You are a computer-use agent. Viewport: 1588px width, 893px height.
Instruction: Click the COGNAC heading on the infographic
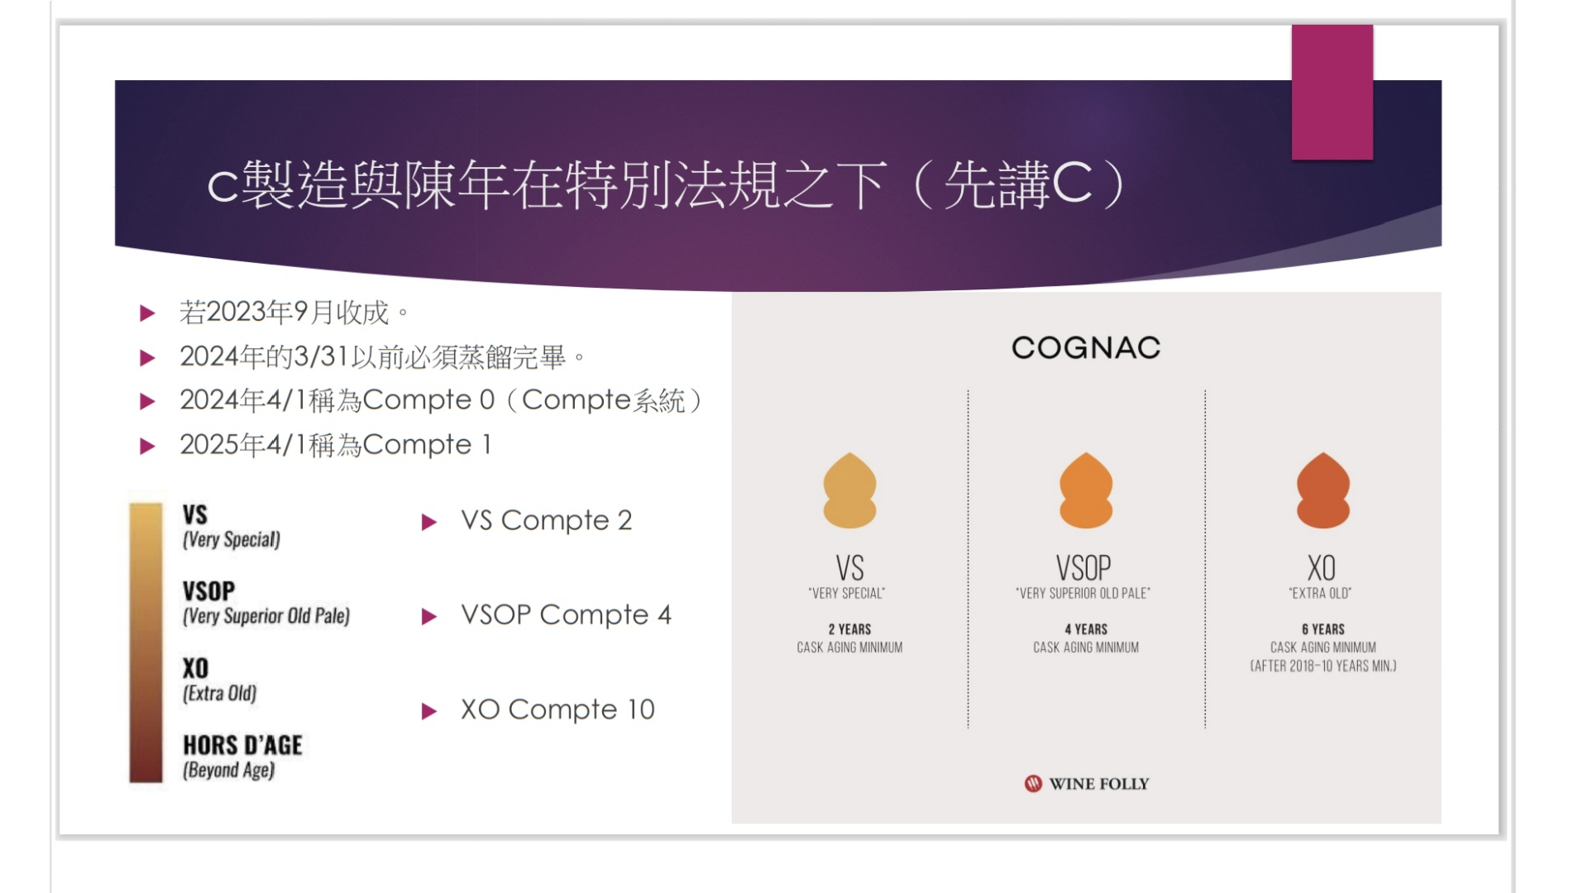click(x=1086, y=348)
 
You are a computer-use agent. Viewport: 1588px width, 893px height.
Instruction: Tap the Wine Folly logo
click(x=1087, y=784)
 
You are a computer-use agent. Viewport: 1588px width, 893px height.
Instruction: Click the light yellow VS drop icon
click(x=849, y=490)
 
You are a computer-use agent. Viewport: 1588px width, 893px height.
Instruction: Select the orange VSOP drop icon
click(x=1086, y=490)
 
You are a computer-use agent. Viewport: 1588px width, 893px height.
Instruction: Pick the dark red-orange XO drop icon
click(x=1323, y=490)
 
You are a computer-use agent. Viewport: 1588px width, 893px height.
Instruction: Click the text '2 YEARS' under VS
click(x=849, y=629)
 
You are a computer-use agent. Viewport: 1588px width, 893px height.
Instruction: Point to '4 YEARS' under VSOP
click(x=1086, y=629)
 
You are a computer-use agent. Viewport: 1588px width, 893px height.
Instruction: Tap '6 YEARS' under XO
click(x=1323, y=629)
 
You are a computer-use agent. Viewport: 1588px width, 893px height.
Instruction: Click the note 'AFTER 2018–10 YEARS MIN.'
click(x=1323, y=666)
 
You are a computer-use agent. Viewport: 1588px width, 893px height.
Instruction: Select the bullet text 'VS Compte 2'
click(x=547, y=520)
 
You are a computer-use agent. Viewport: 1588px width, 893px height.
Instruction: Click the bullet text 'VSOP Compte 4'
click(x=567, y=614)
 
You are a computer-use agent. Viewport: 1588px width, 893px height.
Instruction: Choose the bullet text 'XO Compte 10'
click(x=558, y=709)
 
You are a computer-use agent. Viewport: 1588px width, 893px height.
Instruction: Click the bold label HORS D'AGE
click(x=242, y=745)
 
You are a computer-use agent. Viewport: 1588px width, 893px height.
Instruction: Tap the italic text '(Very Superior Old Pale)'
click(x=266, y=616)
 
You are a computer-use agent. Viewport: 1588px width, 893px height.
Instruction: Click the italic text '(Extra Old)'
click(x=219, y=693)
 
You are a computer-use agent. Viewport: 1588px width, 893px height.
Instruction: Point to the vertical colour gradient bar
click(x=146, y=642)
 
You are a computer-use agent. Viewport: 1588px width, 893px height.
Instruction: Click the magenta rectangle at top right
click(x=1332, y=92)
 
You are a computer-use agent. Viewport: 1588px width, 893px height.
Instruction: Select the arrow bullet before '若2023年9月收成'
click(x=148, y=313)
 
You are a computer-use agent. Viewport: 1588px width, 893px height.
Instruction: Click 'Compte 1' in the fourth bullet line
click(x=428, y=445)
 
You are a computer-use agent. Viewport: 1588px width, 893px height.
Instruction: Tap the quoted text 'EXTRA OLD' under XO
click(x=1321, y=593)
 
